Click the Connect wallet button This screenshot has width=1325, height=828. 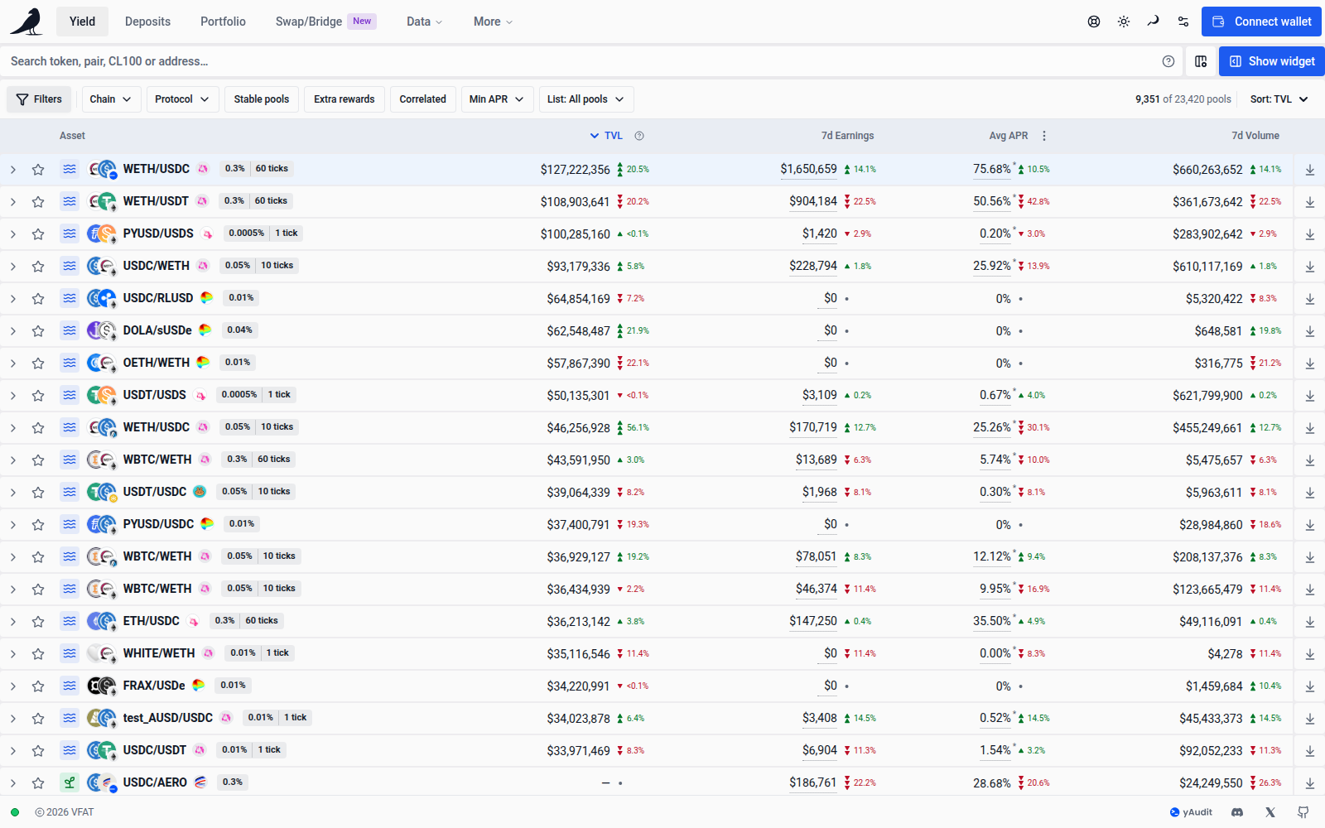[1262, 22]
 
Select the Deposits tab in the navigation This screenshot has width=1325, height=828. [147, 22]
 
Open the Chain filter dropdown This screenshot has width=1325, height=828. [111, 99]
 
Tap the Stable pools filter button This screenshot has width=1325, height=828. [262, 99]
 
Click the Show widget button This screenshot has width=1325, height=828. [1272, 61]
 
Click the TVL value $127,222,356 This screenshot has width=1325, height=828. [575, 170]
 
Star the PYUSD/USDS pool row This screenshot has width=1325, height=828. [38, 234]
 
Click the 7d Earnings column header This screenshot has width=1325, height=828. [847, 136]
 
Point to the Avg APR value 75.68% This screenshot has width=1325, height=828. [992, 169]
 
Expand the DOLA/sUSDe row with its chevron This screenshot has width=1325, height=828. [12, 331]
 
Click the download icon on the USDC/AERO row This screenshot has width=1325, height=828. [1309, 783]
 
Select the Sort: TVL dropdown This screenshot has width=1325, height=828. [1279, 99]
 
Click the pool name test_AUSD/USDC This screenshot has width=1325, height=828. [167, 718]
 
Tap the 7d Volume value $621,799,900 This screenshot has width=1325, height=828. [1207, 396]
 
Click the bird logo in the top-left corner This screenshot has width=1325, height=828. [26, 22]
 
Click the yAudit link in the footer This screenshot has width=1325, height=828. [1191, 812]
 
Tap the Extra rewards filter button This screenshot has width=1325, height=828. [344, 99]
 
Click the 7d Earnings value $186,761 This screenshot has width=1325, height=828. [812, 783]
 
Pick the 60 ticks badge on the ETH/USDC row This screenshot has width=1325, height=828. [262, 621]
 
